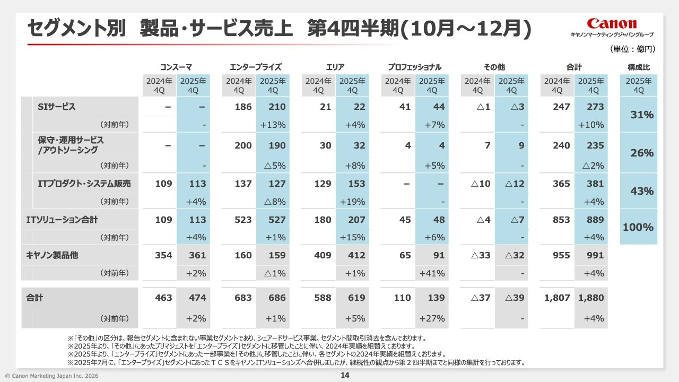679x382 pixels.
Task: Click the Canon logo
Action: (612, 24)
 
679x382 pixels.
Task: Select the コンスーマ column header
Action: (176, 67)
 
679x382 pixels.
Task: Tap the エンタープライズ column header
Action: (255, 67)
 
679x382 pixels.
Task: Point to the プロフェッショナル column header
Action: (414, 67)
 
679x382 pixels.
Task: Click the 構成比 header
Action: (639, 67)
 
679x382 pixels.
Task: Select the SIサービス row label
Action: (57, 107)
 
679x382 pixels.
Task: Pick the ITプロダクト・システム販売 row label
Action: (84, 184)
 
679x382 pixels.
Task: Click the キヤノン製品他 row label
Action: (52, 255)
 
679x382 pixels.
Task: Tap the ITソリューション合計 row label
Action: (62, 219)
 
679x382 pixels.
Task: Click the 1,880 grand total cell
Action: (591, 298)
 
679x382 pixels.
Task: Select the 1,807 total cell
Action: (557, 298)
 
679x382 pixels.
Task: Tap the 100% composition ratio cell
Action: (638, 227)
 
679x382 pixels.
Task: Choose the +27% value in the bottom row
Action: (433, 319)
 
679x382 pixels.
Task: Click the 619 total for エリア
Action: (356, 298)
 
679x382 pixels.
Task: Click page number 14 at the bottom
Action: (344, 376)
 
